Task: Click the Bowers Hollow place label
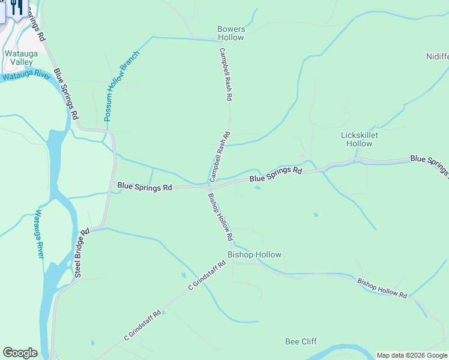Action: [231, 33]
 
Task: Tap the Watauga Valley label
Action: [22, 58]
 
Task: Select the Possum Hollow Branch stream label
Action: [121, 86]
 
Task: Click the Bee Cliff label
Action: [301, 341]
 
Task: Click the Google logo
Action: [19, 353]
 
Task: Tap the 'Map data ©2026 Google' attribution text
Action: [412, 355]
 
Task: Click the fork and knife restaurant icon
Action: [16, 8]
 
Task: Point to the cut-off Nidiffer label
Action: [437, 56]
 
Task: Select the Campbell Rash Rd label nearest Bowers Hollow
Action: [226, 74]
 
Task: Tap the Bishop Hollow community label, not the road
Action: [255, 254]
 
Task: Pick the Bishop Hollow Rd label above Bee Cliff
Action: [382, 289]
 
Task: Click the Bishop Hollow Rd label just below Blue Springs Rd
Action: [220, 217]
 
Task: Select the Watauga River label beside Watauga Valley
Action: [25, 76]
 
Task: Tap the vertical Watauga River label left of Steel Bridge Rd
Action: [38, 234]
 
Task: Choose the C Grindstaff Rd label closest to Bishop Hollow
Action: [206, 275]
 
